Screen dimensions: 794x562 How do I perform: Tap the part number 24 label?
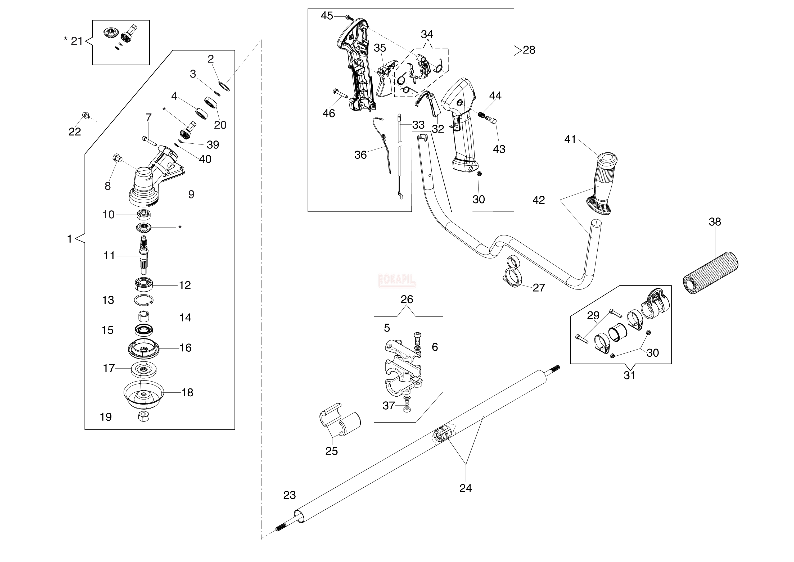tap(466, 488)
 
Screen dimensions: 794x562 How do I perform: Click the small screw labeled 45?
tap(348, 17)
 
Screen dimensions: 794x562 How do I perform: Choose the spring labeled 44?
tap(481, 115)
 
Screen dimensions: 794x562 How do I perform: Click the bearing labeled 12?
tap(144, 284)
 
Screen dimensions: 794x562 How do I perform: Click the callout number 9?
tap(191, 194)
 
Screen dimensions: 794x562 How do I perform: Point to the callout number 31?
tap(629, 375)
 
